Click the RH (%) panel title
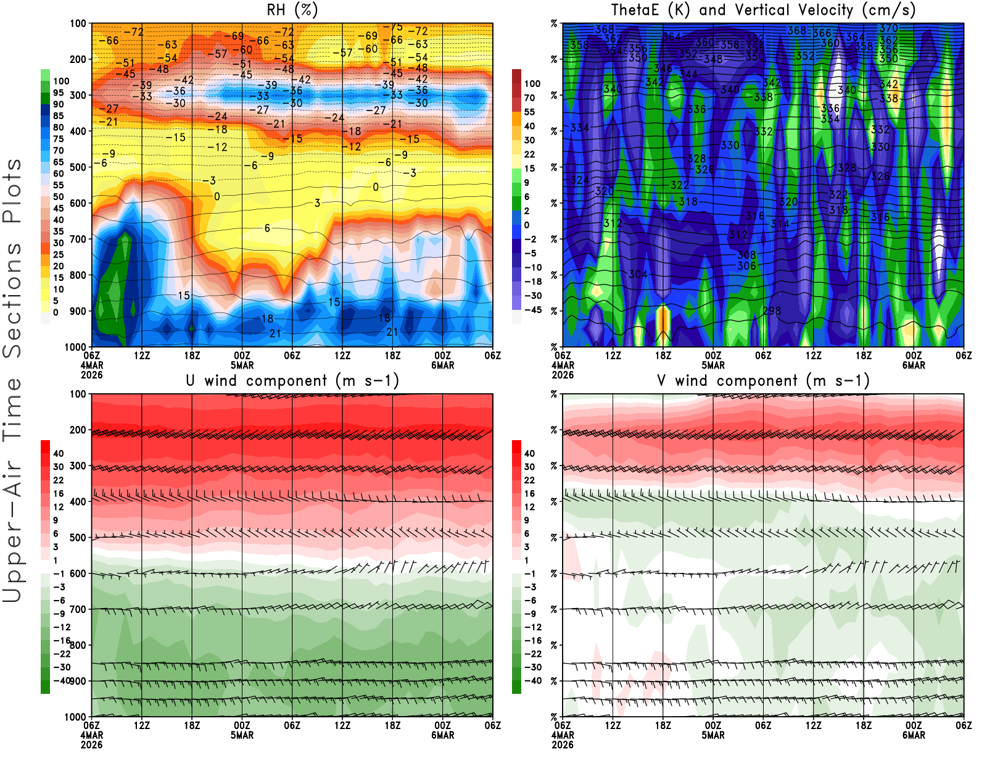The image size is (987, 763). [x=292, y=10]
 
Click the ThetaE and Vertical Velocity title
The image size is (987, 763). [x=763, y=10]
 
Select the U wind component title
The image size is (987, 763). [x=292, y=380]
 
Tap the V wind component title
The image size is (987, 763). [x=763, y=380]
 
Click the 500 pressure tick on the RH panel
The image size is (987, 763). [x=78, y=167]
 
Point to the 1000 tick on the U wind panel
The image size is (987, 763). [x=75, y=717]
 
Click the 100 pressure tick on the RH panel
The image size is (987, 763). [x=78, y=23]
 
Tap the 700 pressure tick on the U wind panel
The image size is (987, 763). [x=78, y=609]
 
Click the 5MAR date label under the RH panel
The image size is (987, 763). [x=242, y=365]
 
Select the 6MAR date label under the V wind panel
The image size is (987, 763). [x=914, y=735]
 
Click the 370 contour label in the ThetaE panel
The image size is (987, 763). [x=888, y=28]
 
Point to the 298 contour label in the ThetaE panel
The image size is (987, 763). [x=772, y=311]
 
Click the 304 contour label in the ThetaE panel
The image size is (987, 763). [x=638, y=274]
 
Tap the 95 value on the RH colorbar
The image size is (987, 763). [x=58, y=93]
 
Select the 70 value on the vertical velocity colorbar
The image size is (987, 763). [x=529, y=98]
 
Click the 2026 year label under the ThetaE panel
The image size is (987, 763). [x=563, y=375]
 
